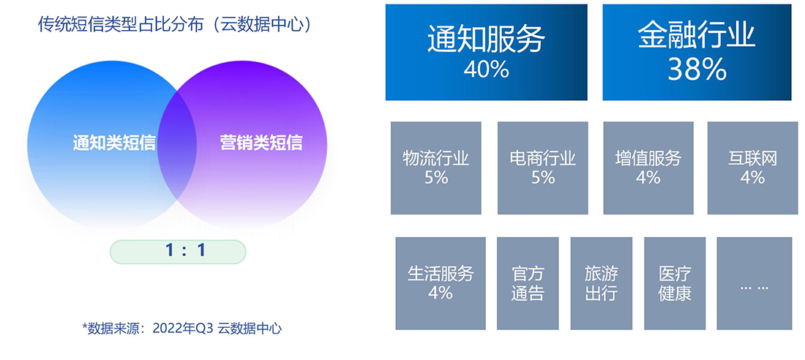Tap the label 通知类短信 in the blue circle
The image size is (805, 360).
point(114,143)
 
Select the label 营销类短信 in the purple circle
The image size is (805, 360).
point(261,143)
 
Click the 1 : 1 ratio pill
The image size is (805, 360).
point(178,252)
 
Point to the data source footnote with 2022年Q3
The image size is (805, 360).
point(182,329)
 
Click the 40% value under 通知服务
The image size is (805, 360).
point(486,70)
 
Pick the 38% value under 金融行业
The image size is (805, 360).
point(697,70)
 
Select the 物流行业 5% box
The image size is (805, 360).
point(436,168)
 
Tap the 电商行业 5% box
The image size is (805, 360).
point(543,168)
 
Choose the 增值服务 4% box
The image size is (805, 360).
point(648,168)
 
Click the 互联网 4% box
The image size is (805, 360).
point(752,168)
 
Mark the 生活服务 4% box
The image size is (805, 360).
point(441,283)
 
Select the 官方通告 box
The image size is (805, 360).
point(528,283)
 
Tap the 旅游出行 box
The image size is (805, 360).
point(601,283)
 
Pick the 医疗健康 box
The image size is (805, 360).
point(675,283)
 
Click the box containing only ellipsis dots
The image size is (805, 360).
point(755,283)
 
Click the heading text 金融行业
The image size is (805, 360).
point(697,36)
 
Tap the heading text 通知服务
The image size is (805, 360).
point(486,39)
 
